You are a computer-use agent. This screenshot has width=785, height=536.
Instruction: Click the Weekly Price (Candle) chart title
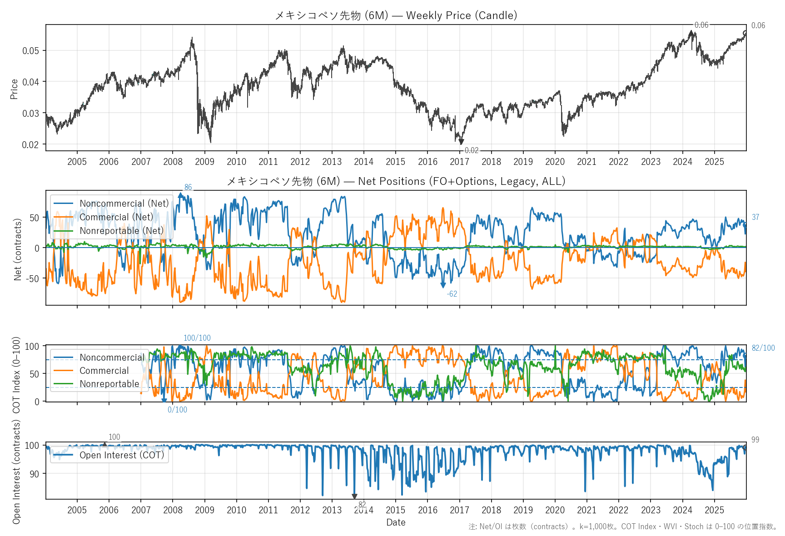(x=396, y=15)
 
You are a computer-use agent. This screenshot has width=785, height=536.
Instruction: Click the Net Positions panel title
(x=396, y=181)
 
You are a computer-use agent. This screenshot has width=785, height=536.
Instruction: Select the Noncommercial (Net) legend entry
(x=124, y=203)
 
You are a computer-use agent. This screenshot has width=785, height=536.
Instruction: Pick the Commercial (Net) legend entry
(x=116, y=217)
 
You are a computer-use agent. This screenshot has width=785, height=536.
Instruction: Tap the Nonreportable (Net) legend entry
(x=121, y=231)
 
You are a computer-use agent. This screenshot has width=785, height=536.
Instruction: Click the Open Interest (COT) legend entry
(x=121, y=455)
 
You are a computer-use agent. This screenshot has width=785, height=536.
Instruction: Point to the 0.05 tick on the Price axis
(x=30, y=50)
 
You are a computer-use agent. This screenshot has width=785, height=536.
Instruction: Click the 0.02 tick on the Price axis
(x=30, y=144)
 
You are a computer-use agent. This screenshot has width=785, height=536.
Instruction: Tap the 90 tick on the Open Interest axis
(x=34, y=474)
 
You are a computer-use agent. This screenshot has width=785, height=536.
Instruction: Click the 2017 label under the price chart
(x=459, y=162)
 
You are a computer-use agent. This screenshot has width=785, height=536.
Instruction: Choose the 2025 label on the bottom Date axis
(x=714, y=510)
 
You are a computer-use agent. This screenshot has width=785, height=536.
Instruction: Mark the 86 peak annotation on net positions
(x=188, y=188)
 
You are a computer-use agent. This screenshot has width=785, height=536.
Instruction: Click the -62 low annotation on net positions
(x=452, y=294)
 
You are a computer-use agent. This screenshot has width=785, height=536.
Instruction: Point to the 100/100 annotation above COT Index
(x=197, y=338)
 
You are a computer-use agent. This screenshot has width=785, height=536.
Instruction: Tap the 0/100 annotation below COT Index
(x=177, y=410)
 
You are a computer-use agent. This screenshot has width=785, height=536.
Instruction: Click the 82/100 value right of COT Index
(x=763, y=348)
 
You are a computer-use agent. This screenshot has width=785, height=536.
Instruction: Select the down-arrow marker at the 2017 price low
(x=461, y=142)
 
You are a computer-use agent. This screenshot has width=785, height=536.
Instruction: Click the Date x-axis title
(x=396, y=522)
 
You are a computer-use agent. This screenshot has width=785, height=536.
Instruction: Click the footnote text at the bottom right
(x=623, y=527)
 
